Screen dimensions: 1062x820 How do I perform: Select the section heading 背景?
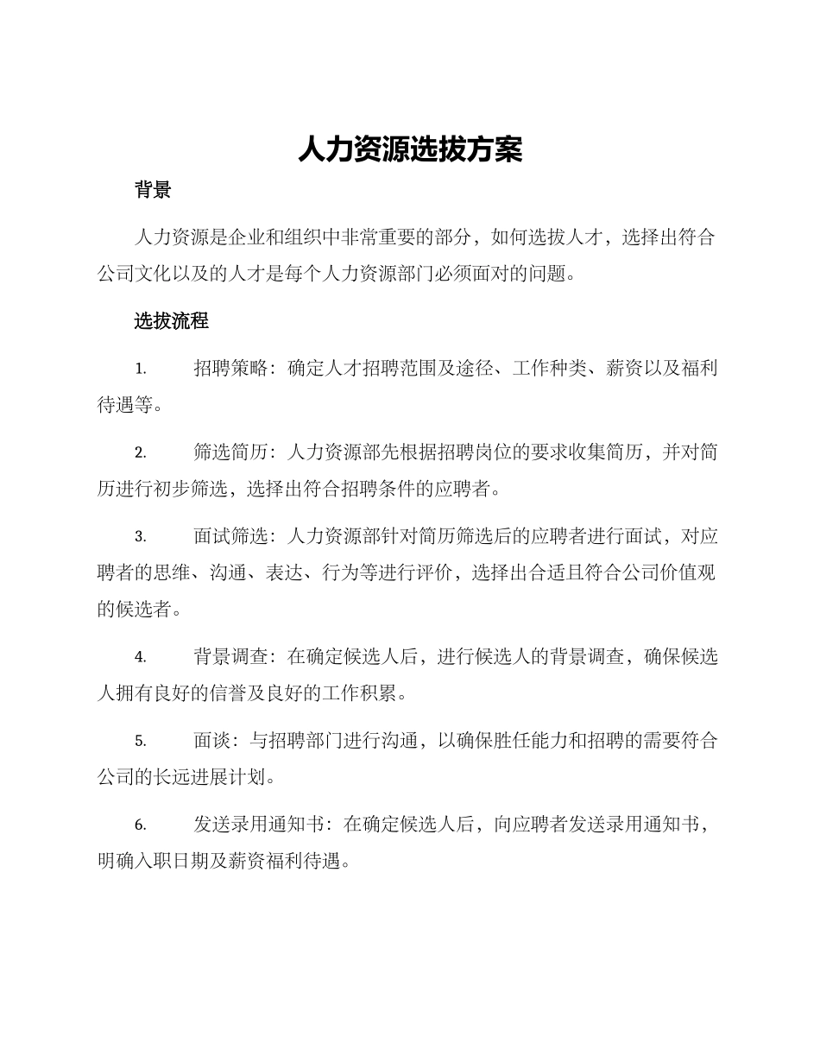pyautogui.click(x=153, y=191)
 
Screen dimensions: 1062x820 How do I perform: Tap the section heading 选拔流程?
pyautogui.click(x=171, y=321)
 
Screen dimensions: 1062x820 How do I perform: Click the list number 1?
pyautogui.click(x=140, y=370)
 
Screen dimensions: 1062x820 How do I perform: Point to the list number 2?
pyautogui.click(x=140, y=452)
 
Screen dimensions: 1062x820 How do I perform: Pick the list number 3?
pyautogui.click(x=140, y=536)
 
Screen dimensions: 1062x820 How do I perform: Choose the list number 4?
pyautogui.click(x=140, y=657)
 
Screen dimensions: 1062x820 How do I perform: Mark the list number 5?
pyautogui.click(x=140, y=741)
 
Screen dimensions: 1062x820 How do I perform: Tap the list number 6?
pyautogui.click(x=140, y=825)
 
